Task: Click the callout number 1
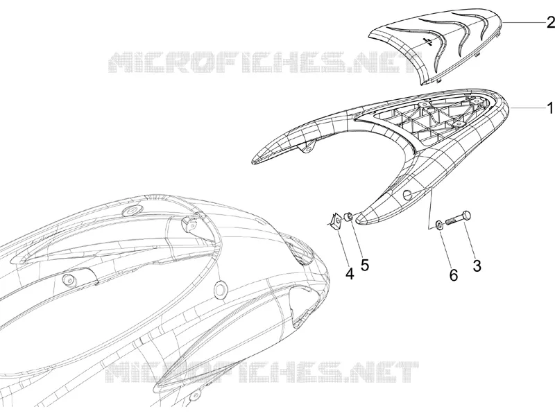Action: pos(549,108)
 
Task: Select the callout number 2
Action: pos(550,23)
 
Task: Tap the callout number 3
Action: pos(477,266)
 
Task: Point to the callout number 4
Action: pos(350,274)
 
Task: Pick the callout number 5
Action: pos(365,265)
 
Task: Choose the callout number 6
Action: pos(454,275)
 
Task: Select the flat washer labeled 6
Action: pos(438,225)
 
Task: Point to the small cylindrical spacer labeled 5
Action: pos(348,216)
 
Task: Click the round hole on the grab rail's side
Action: pos(408,194)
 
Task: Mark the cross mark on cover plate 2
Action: pos(428,42)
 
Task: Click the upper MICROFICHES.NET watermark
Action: pos(265,62)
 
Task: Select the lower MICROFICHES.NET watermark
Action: pos(263,372)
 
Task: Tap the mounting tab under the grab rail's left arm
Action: pos(307,148)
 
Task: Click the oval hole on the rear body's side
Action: pos(220,289)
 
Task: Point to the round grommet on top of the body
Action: pos(130,211)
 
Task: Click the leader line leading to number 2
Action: pos(523,23)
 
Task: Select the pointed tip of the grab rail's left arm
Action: pos(253,162)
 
